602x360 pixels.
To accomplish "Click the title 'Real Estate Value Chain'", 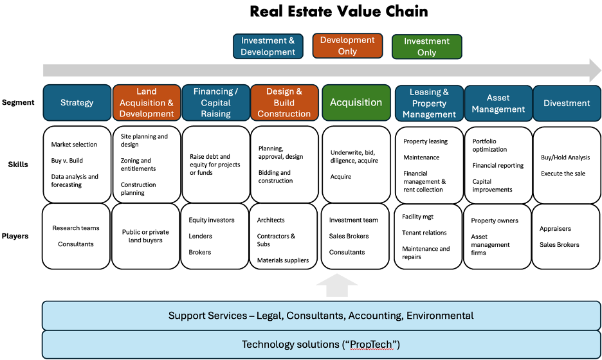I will click(x=338, y=12).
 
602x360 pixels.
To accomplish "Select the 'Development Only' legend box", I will click(x=347, y=46).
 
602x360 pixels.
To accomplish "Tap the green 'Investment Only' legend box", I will click(x=426, y=46).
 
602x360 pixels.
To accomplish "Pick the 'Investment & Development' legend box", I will click(x=268, y=46).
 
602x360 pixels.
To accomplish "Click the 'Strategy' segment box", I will click(x=77, y=102).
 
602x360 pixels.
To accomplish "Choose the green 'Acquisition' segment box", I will click(x=356, y=102).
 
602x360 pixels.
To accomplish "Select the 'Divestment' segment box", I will click(x=566, y=103).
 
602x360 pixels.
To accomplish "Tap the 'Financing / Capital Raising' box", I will click(x=215, y=103).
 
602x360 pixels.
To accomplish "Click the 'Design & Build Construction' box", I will click(x=284, y=103).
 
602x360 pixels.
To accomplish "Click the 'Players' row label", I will click(x=15, y=236).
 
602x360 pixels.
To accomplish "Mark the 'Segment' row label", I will click(x=18, y=102).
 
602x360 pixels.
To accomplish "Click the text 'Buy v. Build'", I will click(x=67, y=161).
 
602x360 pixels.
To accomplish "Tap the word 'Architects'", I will click(x=271, y=220).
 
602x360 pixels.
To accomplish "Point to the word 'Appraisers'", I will click(x=555, y=228).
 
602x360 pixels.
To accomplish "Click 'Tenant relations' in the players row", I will click(x=424, y=233).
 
